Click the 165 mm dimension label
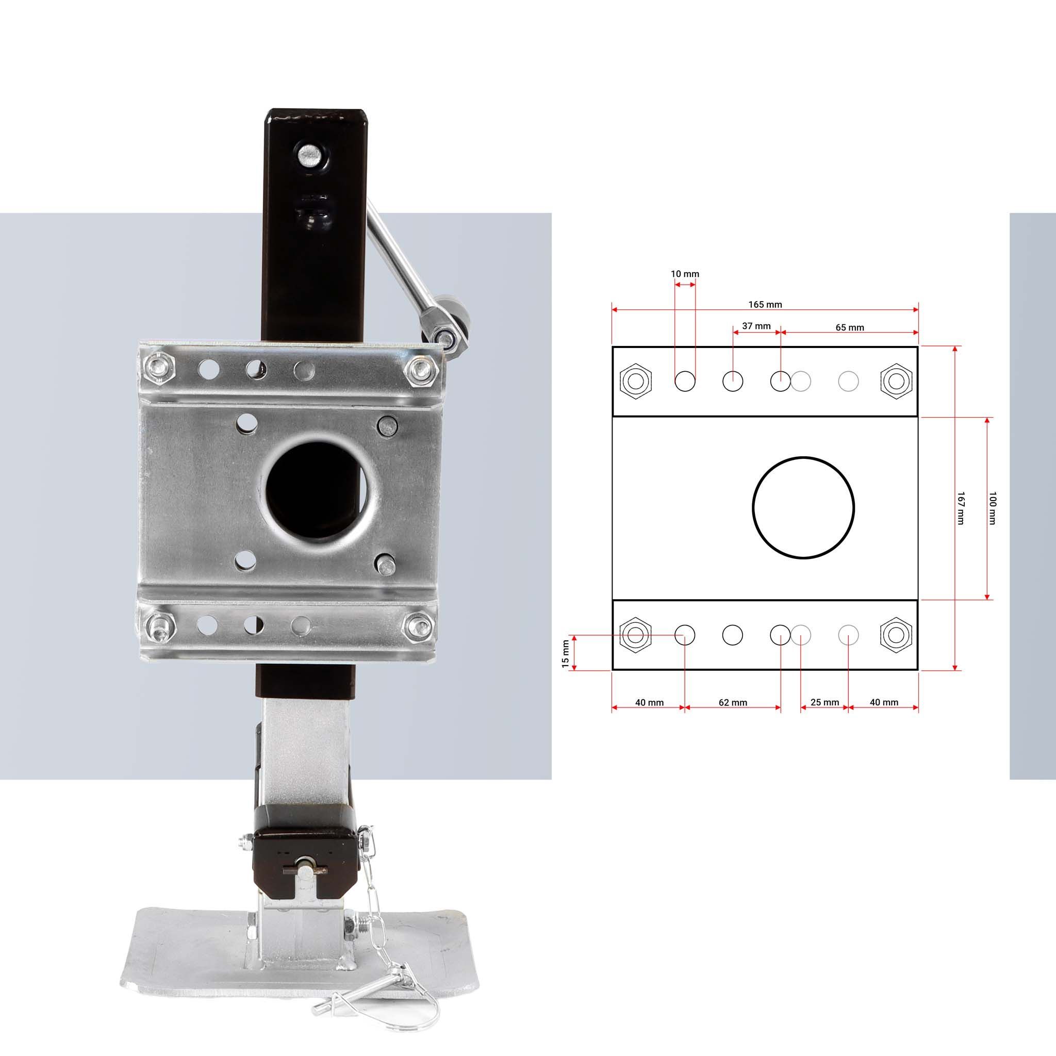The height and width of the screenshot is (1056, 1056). (x=765, y=304)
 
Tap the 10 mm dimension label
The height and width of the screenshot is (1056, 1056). (x=685, y=274)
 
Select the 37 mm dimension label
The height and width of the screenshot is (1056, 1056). (x=756, y=326)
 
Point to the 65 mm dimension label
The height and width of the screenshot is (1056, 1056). (x=849, y=327)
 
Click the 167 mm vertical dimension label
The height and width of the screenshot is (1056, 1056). (x=960, y=508)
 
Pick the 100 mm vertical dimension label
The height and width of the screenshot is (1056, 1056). (x=993, y=508)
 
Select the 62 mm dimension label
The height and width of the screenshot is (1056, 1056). (x=732, y=702)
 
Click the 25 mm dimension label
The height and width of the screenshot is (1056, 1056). (x=824, y=702)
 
